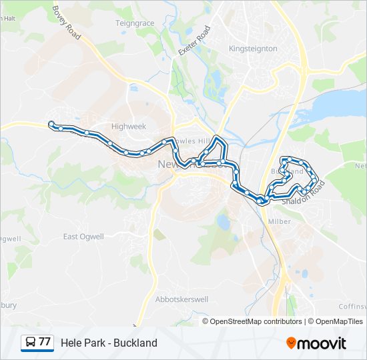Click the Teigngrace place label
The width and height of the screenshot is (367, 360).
135,23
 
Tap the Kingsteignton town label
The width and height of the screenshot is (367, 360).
253,49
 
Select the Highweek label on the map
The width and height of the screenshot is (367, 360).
128,126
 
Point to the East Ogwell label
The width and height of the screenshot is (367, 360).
83,237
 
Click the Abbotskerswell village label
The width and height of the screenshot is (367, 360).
181,299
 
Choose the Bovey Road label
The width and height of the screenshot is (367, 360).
66,23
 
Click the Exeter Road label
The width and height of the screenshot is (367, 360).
194,41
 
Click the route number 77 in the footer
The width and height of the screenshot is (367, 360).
45,342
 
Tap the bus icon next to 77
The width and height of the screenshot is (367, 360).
30,343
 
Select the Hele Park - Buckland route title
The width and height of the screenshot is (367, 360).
109,343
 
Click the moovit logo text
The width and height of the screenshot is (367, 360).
322,343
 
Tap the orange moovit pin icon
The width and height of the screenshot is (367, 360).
291,343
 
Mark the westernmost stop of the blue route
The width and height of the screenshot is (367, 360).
51,123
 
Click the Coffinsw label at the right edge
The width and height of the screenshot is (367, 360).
352,307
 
